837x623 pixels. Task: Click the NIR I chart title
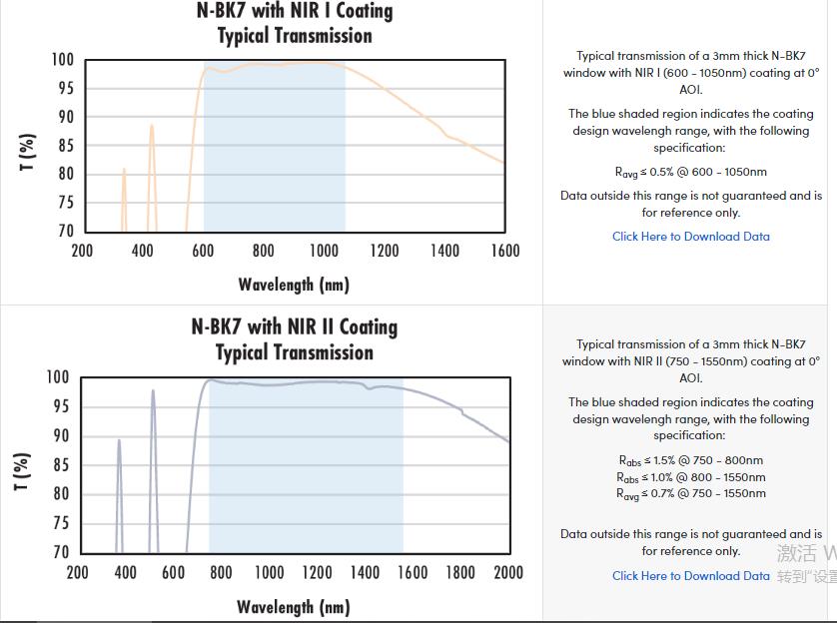coord(294,23)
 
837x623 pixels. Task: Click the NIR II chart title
coord(294,339)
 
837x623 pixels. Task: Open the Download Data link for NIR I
coord(690,237)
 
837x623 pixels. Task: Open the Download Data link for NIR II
coord(690,576)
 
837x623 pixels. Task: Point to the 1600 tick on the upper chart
coord(504,251)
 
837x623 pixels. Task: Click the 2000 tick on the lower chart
coord(508,573)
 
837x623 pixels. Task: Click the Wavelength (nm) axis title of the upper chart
coord(294,285)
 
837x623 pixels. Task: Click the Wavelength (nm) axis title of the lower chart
coord(294,607)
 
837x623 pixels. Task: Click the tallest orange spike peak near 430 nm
coord(152,125)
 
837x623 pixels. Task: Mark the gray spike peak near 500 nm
coord(153,390)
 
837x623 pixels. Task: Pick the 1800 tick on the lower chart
coord(460,573)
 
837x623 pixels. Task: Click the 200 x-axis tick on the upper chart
coord(82,251)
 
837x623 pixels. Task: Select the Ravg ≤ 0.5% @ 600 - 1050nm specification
coord(691,172)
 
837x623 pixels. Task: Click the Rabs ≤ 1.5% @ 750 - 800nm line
coord(691,460)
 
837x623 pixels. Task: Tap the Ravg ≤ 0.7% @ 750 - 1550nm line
coord(691,493)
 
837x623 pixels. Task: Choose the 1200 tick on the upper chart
coord(384,251)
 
